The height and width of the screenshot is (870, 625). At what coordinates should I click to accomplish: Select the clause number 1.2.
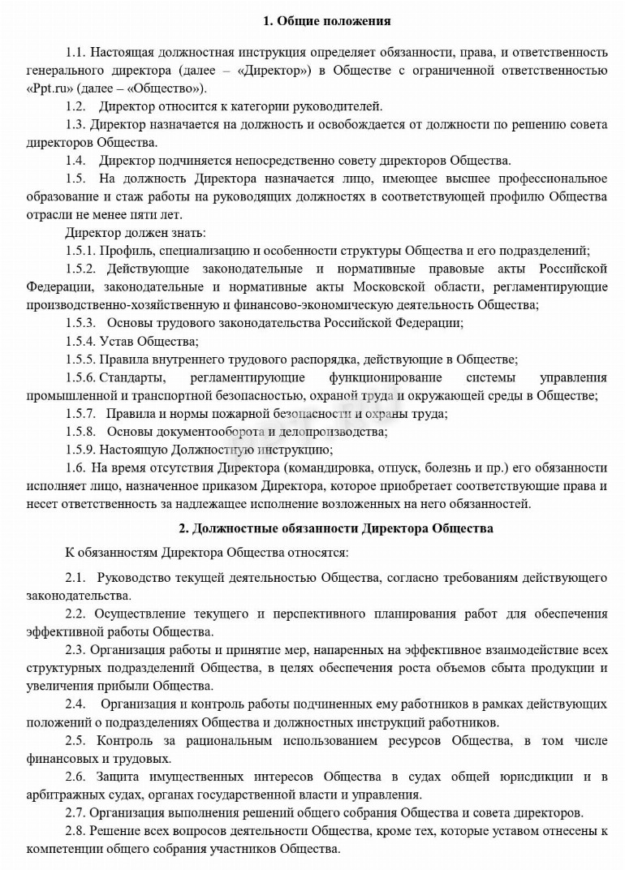[x=76, y=106]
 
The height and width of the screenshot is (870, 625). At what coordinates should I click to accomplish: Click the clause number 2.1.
[x=75, y=578]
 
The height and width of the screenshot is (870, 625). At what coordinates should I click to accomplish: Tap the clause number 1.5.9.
[x=81, y=450]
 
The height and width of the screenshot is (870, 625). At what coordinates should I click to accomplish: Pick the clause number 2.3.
[x=75, y=649]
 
